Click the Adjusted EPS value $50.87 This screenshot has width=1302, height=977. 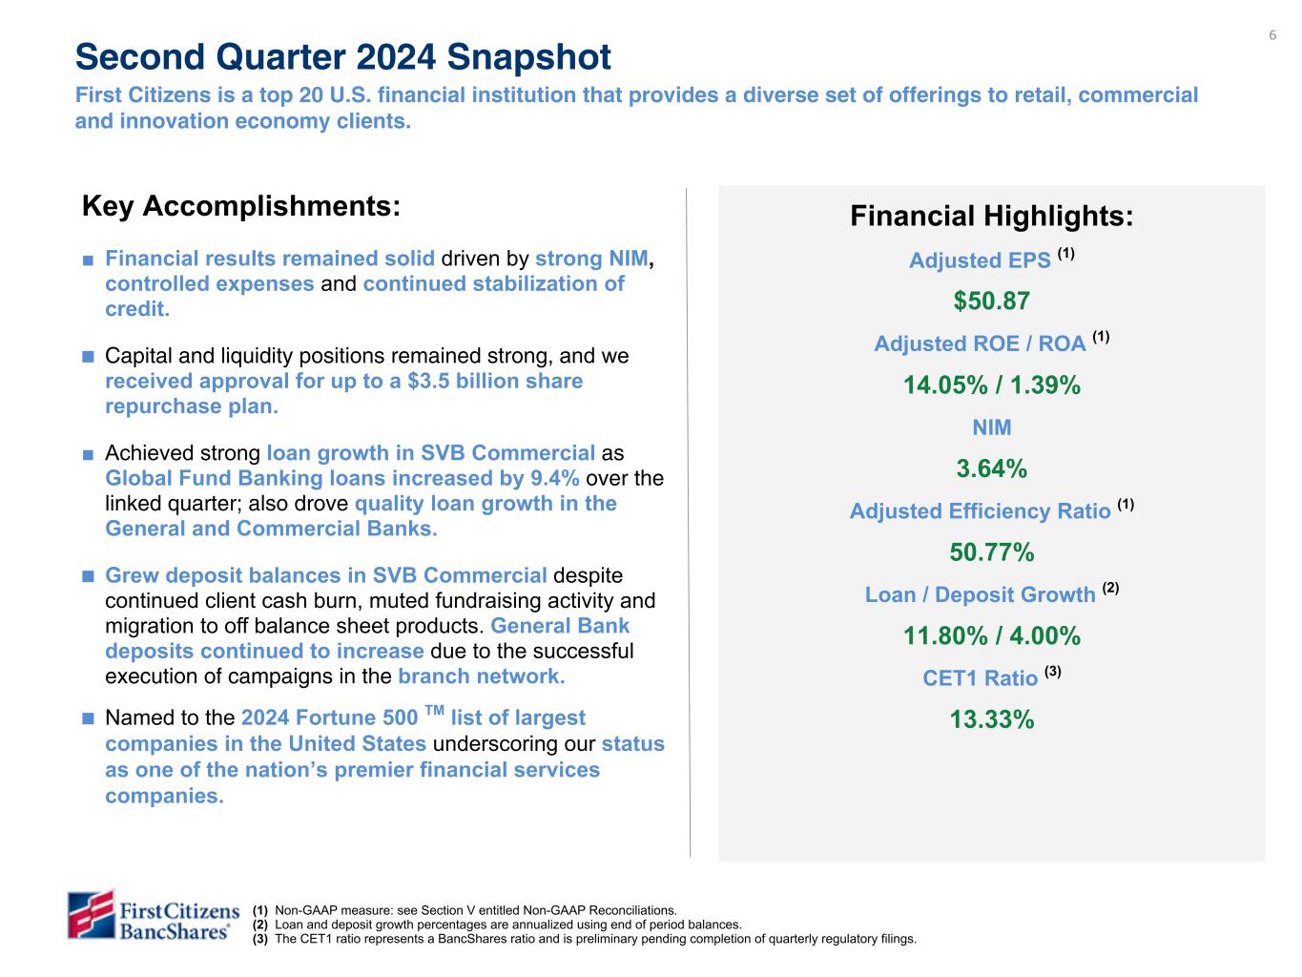(991, 301)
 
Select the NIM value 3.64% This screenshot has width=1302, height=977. (991, 468)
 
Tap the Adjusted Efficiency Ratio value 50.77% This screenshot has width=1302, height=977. (991, 552)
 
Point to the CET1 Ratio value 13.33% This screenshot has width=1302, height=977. (991, 719)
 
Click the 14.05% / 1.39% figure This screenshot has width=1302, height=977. (991, 385)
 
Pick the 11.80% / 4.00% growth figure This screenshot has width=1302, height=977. (991, 635)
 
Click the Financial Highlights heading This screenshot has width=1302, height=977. (991, 217)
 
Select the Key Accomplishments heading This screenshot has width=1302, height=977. (240, 206)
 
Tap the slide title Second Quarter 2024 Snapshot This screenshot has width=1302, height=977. (342, 57)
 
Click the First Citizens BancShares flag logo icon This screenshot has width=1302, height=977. (92, 914)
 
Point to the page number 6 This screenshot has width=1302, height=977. (1271, 36)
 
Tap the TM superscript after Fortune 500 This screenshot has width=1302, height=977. (434, 711)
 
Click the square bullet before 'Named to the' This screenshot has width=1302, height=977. (88, 718)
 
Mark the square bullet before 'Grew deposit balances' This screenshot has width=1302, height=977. (88, 576)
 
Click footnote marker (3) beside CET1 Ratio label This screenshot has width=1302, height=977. (1053, 672)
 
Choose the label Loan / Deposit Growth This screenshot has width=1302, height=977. (980, 595)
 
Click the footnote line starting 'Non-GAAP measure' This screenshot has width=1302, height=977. (475, 911)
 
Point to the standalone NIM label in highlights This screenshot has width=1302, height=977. (991, 427)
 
